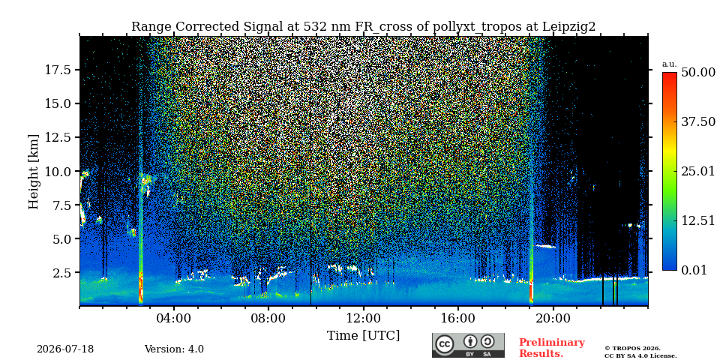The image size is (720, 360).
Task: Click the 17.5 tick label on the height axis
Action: tap(57, 70)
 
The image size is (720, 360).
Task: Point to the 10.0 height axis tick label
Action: tap(57, 171)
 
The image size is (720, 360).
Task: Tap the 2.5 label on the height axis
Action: tap(61, 273)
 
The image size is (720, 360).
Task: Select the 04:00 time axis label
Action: tap(174, 318)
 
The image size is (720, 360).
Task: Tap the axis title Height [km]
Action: tap(34, 171)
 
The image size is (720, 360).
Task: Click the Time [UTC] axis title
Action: tap(363, 336)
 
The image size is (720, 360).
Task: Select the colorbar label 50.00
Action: tap(698, 73)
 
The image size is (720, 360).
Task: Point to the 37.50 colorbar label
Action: tap(698, 121)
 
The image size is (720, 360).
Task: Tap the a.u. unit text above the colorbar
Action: tap(670, 64)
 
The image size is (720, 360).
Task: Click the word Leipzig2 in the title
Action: tap(569, 27)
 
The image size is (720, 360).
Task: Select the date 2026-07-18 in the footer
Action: tap(65, 349)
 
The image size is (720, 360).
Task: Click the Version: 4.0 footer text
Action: tap(174, 349)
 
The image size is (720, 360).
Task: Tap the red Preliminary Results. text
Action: tap(552, 348)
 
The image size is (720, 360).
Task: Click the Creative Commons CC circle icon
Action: tap(444, 345)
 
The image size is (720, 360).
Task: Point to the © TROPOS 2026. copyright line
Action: tap(632, 349)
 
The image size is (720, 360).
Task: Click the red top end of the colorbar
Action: tap(670, 74)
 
